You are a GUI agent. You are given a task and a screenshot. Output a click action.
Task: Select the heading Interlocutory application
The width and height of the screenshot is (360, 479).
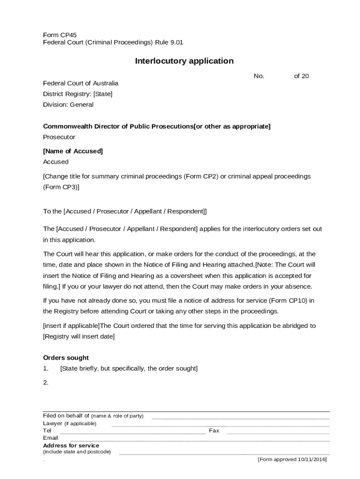(x=184, y=61)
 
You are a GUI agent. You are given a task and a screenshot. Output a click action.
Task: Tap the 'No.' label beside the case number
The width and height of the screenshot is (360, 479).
(x=259, y=76)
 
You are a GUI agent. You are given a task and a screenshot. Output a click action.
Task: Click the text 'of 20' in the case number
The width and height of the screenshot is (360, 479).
(x=301, y=76)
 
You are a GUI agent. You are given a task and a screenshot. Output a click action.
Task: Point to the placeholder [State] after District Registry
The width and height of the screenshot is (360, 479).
(x=103, y=94)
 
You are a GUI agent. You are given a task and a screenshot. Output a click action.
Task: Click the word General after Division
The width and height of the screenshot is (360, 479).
(x=82, y=105)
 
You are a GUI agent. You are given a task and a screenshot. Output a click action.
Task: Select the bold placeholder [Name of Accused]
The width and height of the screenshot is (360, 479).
(x=73, y=151)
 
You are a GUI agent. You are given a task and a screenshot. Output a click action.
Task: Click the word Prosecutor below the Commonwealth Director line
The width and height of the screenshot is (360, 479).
(x=59, y=137)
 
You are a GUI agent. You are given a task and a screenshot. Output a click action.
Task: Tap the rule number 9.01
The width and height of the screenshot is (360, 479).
(x=176, y=42)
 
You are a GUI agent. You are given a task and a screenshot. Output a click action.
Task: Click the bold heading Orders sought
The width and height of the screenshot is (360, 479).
(x=66, y=358)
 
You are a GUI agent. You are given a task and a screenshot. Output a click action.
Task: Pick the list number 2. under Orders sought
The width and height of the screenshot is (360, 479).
(x=46, y=383)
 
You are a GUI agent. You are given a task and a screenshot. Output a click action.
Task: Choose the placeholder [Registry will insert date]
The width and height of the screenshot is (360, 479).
(x=79, y=336)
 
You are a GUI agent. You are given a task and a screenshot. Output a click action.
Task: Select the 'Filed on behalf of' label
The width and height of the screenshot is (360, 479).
(x=66, y=416)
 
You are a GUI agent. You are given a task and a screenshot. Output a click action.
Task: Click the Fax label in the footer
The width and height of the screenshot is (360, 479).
(x=214, y=431)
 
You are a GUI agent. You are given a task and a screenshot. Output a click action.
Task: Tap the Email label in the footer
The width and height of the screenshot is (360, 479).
(x=50, y=438)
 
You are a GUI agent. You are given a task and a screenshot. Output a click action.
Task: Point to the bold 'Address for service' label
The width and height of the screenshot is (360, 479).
(x=71, y=445)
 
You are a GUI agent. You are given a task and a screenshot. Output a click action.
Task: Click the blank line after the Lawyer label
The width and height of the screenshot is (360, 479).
(x=220, y=425)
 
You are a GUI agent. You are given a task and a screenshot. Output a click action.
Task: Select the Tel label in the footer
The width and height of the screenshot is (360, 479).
(x=47, y=431)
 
